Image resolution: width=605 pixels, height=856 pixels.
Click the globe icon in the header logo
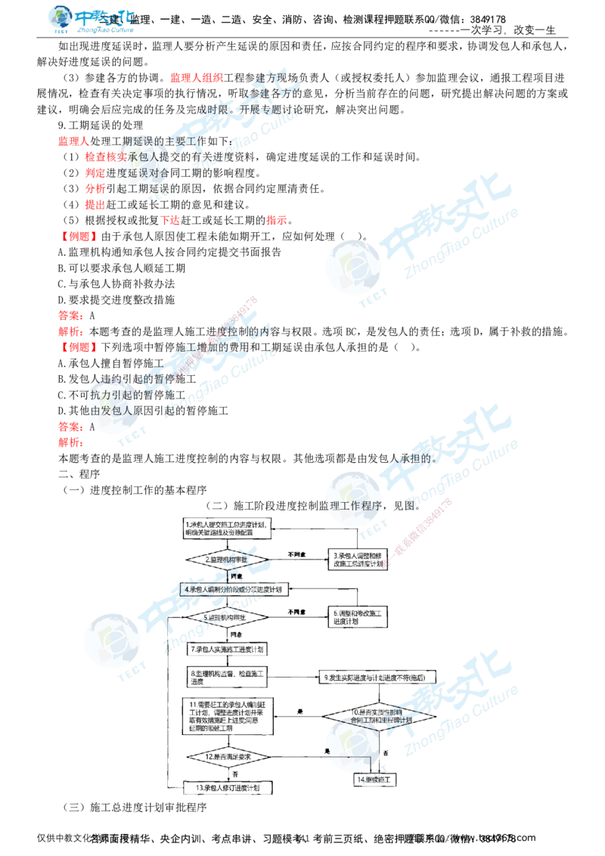[x=60, y=19]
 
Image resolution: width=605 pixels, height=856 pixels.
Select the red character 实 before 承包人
[x=121, y=157]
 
